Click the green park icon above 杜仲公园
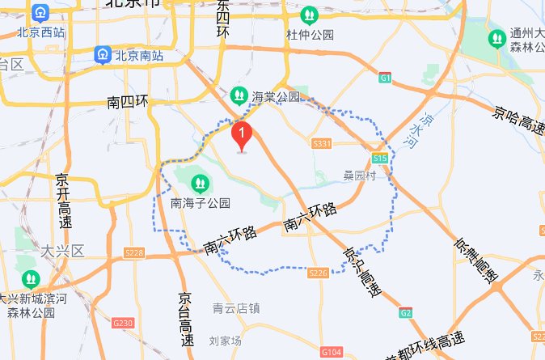309,15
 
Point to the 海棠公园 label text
276,96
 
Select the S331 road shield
322,143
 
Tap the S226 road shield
318,273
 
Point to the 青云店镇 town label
236,307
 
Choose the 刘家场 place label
225,341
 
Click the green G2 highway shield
404,311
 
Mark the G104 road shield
331,353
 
